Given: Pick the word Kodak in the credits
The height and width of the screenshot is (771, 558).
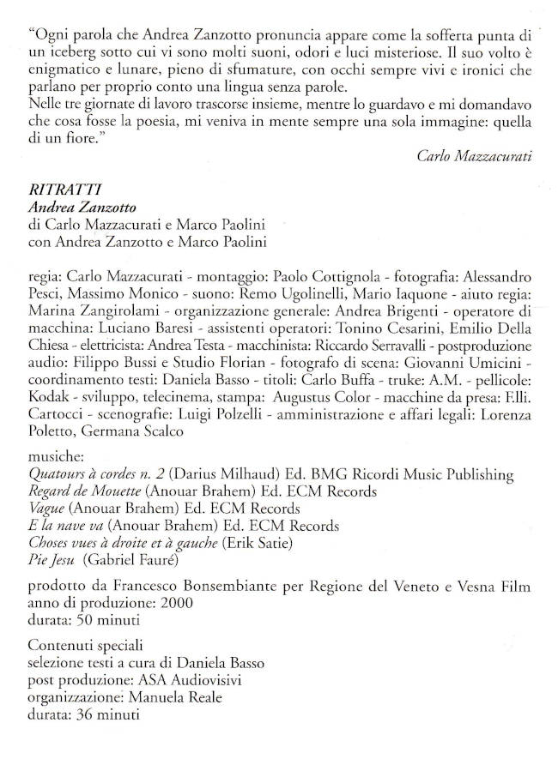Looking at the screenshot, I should [48, 400].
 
